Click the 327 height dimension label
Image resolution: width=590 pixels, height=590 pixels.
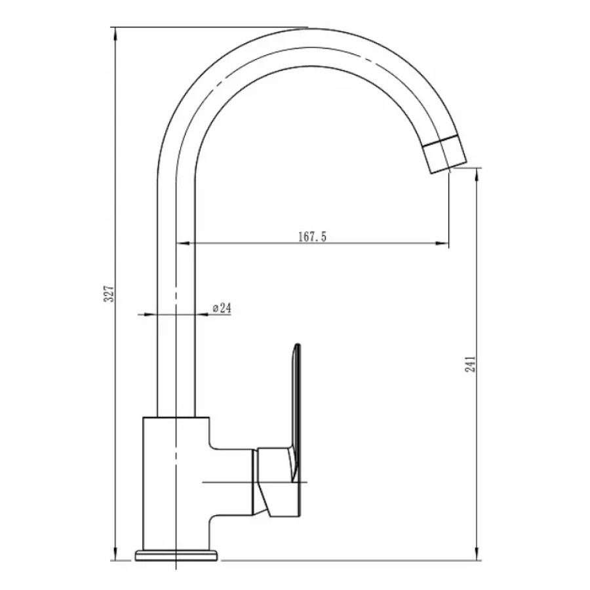(109, 293)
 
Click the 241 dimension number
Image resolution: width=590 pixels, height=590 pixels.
(470, 364)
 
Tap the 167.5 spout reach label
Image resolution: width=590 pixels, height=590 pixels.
(312, 237)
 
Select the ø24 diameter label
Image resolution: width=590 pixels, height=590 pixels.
(222, 308)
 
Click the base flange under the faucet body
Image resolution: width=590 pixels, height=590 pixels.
(176, 555)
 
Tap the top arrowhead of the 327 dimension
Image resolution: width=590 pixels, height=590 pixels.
(116, 35)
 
